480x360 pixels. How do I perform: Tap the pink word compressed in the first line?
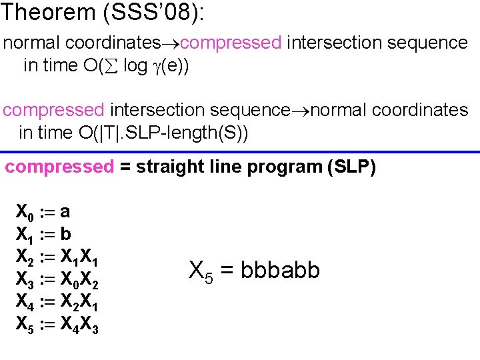[x=230, y=43]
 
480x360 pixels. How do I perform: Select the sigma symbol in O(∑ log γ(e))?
[x=111, y=67]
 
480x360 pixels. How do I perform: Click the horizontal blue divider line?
[x=240, y=152]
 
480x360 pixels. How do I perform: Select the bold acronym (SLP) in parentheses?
[x=352, y=167]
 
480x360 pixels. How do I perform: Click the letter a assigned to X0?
[x=65, y=213]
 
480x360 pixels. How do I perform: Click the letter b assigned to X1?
[x=65, y=234]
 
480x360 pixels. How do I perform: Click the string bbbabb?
[x=281, y=271]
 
